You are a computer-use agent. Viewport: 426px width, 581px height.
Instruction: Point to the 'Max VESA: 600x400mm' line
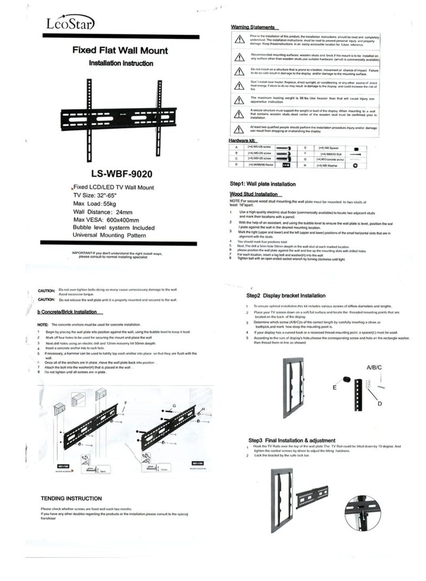(106, 220)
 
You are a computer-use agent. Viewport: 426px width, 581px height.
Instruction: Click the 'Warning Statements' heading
(252, 27)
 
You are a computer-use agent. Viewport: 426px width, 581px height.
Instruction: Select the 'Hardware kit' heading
(243, 141)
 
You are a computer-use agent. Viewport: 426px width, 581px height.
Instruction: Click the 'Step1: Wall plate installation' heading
(263, 184)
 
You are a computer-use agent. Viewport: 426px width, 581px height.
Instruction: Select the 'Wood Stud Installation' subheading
(252, 194)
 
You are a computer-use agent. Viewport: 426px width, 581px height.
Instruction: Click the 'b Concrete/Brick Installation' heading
(67, 312)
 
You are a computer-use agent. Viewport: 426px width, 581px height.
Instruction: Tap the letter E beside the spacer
(334, 387)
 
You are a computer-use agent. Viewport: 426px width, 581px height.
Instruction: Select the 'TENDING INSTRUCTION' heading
(71, 498)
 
